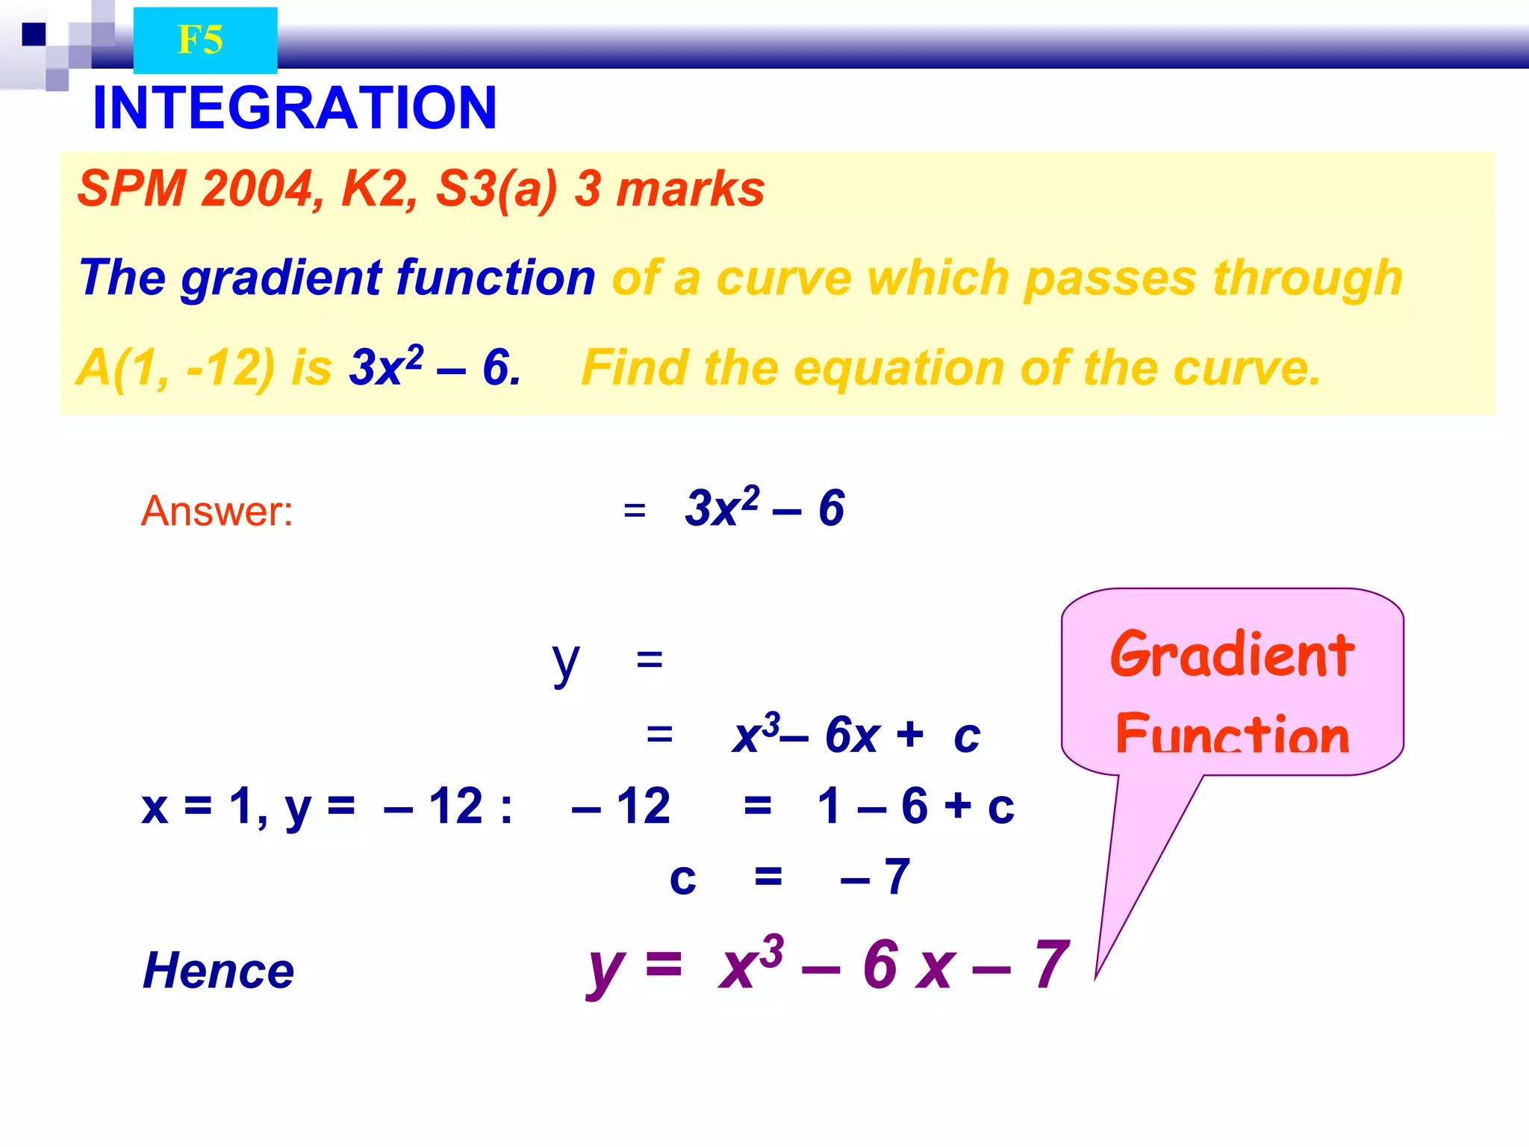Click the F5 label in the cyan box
[200, 40]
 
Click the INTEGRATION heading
[294, 108]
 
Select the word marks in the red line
[690, 188]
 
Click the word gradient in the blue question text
[281, 278]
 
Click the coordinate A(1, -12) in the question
[175, 367]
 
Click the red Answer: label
[217, 512]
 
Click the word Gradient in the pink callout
[1232, 654]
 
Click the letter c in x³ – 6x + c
[966, 736]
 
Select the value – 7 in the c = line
[875, 877]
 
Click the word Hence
[218, 971]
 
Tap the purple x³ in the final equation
[750, 963]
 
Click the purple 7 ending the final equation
[1052, 965]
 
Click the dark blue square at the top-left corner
[34, 34]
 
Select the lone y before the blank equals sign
[565, 662]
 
